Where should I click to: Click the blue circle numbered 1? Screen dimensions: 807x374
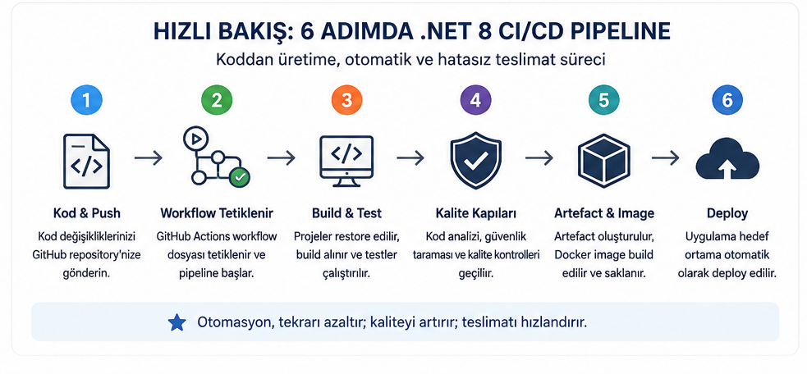coord(86,100)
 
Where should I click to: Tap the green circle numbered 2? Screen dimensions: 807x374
coord(217,100)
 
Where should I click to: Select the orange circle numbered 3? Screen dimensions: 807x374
coord(346,100)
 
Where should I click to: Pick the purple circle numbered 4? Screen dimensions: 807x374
coord(475,100)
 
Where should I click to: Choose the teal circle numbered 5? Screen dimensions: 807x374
coord(604,100)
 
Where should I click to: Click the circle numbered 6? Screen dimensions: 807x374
coord(727,100)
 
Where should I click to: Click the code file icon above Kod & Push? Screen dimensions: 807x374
coord(86,161)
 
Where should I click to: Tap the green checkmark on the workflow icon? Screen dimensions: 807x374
coord(240,177)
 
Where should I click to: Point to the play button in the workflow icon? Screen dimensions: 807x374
coord(195,139)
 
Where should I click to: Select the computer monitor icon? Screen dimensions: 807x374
coord(346,161)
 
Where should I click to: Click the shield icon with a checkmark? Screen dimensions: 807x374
coord(475,162)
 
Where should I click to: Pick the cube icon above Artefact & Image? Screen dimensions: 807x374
coord(604,161)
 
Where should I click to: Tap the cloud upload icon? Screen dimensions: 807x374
coord(727,161)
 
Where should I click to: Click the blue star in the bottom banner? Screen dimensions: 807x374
coord(177,322)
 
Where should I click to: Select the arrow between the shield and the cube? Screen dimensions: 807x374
coord(539,158)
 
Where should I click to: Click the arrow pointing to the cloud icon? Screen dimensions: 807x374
coord(666,158)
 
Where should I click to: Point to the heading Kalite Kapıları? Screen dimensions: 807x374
coord(475,213)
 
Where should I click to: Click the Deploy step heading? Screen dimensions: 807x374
coord(727,213)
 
